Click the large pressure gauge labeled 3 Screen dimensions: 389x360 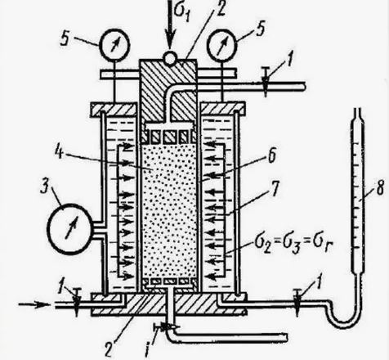tap(70, 228)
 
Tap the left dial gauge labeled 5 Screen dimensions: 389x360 tap(114, 45)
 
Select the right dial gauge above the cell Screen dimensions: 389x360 tap(223, 45)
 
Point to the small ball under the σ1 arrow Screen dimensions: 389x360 tap(170, 58)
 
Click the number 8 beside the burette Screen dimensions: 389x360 tap(380, 187)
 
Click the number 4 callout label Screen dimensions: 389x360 tap(60, 151)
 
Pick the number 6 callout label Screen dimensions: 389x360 tap(272, 155)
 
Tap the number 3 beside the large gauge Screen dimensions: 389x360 tap(45, 187)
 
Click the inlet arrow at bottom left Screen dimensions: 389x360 tap(34, 304)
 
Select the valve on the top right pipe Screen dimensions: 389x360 tap(266, 82)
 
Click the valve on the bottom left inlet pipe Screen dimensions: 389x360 tap(77, 302)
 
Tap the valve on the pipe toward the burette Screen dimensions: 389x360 tap(297, 302)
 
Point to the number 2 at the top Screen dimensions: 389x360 tap(220, 9)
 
